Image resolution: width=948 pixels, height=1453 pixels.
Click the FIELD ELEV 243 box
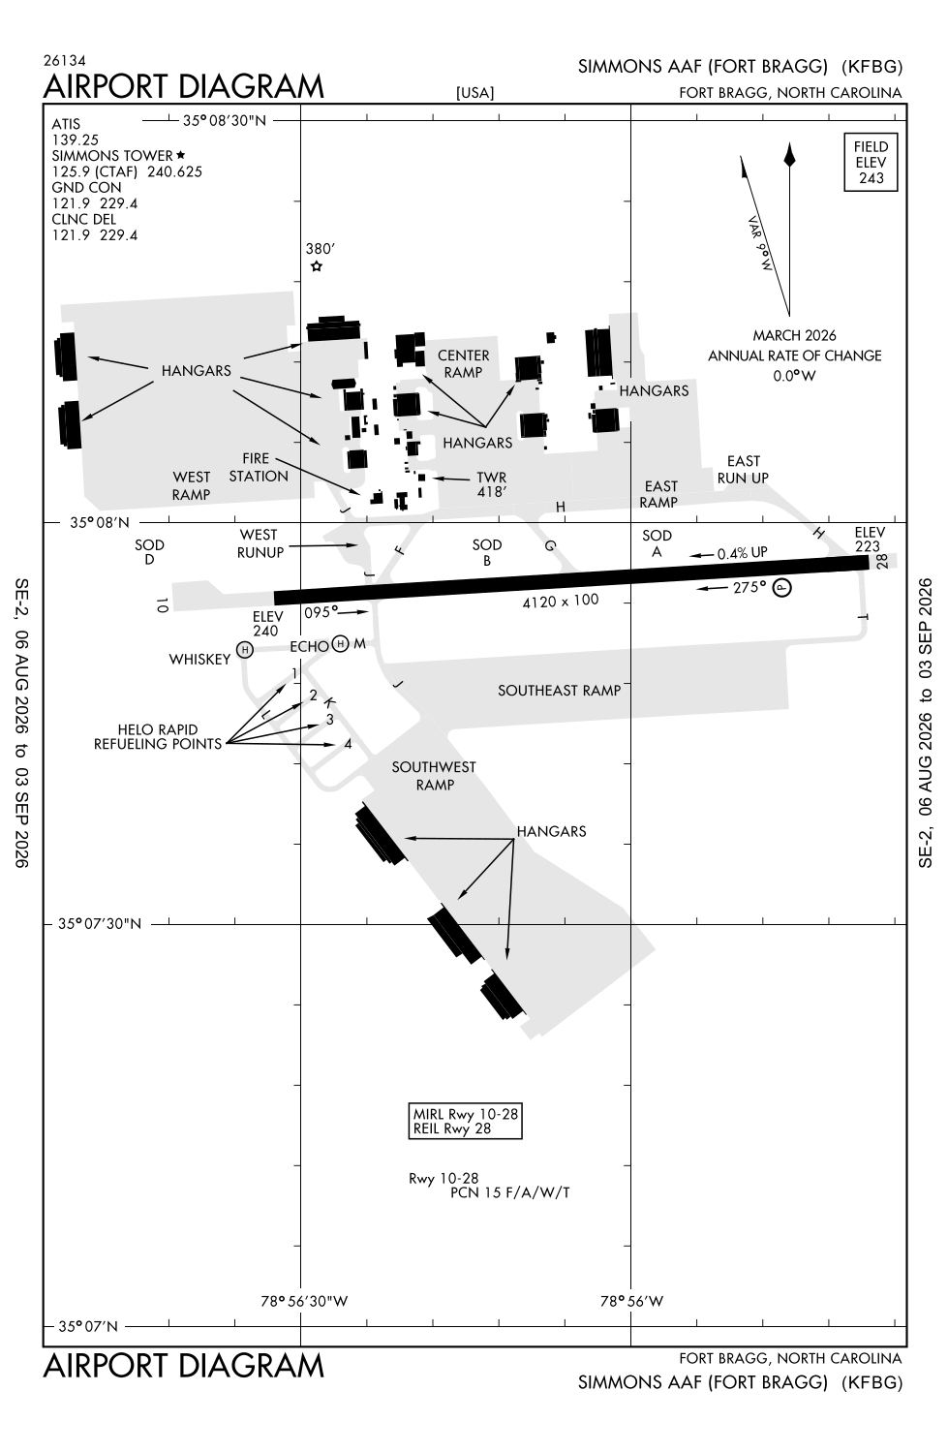point(871,162)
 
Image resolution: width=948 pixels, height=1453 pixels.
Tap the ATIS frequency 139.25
point(76,140)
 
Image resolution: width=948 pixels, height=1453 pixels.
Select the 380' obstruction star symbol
point(317,266)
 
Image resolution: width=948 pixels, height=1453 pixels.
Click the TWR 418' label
point(491,485)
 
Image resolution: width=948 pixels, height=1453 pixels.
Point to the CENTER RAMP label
point(463,364)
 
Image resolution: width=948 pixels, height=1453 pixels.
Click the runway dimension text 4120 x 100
point(561,602)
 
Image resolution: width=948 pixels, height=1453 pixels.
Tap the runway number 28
point(882,562)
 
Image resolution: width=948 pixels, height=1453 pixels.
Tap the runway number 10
point(162,605)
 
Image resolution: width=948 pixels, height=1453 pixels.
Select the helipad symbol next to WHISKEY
point(244,649)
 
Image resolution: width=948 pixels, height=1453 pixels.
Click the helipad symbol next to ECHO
point(340,643)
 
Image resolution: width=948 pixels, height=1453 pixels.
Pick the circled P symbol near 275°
point(782,588)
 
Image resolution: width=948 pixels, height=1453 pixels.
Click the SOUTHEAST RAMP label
point(559,691)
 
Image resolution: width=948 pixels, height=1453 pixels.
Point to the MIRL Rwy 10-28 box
point(465,1120)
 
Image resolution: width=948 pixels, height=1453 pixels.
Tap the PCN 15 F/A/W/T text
point(509,1192)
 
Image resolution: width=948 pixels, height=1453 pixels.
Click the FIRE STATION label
point(259,467)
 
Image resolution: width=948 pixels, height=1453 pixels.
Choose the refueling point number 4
point(349,744)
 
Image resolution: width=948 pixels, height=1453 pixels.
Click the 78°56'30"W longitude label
point(304,1301)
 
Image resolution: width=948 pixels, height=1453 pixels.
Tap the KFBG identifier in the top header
point(872,67)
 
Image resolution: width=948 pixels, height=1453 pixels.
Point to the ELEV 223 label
point(869,539)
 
